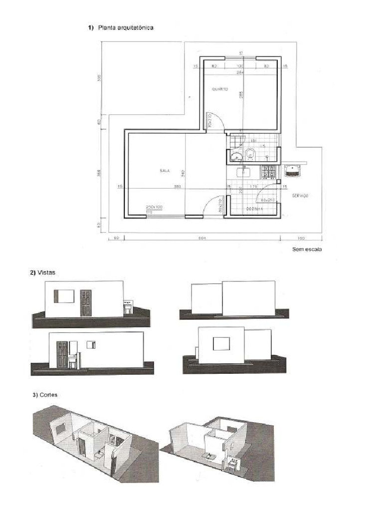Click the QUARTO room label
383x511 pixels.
pyautogui.click(x=219, y=89)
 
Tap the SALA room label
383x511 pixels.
pyautogui.click(x=165, y=171)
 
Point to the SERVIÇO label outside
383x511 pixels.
pyautogui.click(x=300, y=196)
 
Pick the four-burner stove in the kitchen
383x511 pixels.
pyautogui.click(x=269, y=172)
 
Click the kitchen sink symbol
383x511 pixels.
pyautogui.click(x=243, y=173)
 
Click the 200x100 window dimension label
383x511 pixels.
pyautogui.click(x=154, y=207)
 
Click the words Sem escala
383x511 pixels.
pyautogui.click(x=307, y=250)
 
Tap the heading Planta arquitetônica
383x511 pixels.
pyautogui.click(x=126, y=28)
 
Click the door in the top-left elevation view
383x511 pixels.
pyautogui.click(x=86, y=303)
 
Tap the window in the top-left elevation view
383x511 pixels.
pyautogui.click(x=64, y=296)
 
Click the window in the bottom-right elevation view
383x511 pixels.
pyautogui.click(x=221, y=343)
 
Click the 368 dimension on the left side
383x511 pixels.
pyautogui.click(x=99, y=173)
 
